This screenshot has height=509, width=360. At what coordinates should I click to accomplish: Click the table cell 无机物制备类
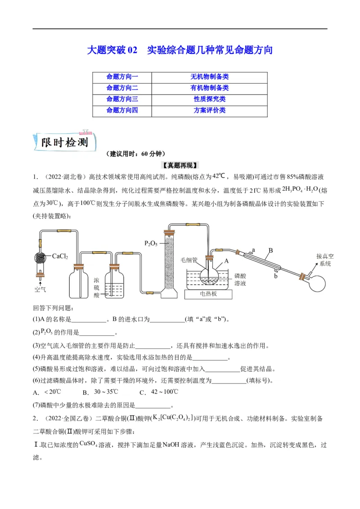point(209,77)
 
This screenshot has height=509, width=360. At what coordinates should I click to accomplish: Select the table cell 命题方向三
point(122,99)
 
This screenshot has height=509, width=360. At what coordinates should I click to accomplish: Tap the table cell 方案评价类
point(209,110)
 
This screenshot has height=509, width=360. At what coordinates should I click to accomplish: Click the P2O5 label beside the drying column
point(151,243)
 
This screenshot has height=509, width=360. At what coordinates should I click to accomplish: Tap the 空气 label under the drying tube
point(40,288)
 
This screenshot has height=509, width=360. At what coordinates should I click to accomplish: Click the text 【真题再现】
point(180,165)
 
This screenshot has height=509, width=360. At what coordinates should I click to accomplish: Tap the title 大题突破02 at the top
point(112,50)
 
